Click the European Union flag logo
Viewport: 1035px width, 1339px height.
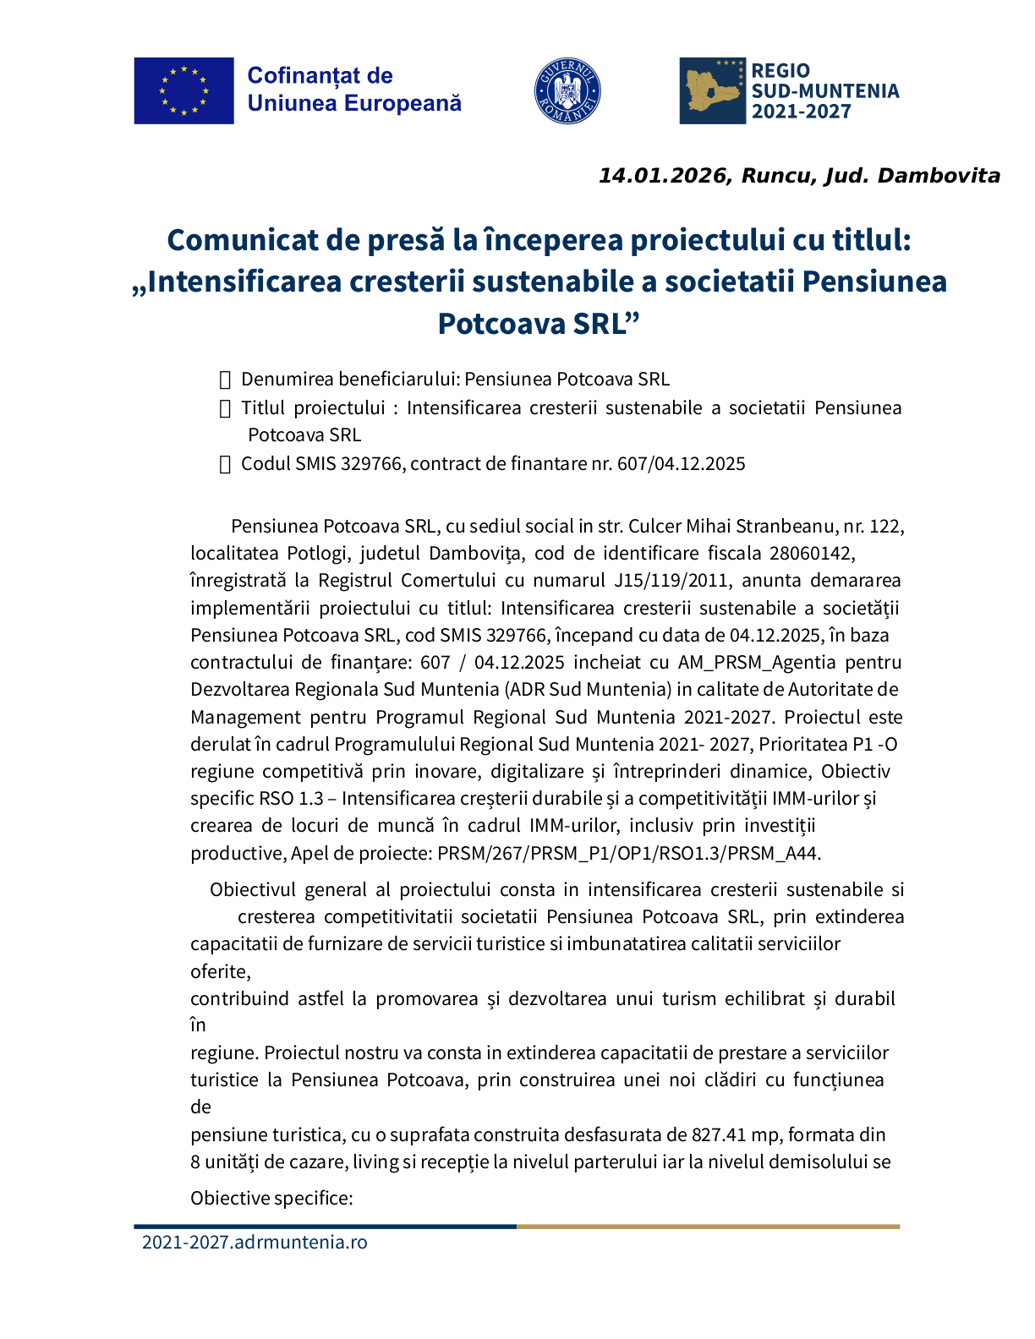(x=183, y=90)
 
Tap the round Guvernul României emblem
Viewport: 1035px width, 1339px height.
(x=567, y=90)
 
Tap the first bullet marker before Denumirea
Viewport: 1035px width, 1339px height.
(x=225, y=380)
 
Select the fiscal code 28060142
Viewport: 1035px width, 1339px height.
(x=812, y=553)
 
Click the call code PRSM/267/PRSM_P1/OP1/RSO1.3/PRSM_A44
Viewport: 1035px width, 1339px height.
(x=627, y=853)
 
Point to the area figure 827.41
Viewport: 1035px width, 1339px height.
(x=718, y=1134)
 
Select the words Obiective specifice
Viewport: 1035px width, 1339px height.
(x=271, y=1198)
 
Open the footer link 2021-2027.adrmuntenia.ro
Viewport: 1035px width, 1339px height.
(x=255, y=1242)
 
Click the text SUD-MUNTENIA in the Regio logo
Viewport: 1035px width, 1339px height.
(x=824, y=91)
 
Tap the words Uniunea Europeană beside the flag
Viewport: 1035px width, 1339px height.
(x=354, y=103)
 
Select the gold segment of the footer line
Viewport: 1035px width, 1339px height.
(x=708, y=1226)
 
